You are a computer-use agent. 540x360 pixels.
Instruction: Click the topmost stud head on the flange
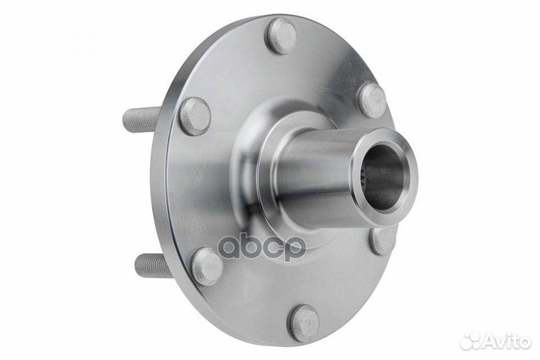pyautogui.click(x=283, y=36)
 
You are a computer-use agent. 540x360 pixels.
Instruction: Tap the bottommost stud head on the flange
pyautogui.click(x=303, y=324)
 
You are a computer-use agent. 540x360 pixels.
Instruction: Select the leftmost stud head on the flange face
pyautogui.click(x=195, y=116)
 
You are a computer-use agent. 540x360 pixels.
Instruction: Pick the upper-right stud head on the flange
pyautogui.click(x=371, y=101)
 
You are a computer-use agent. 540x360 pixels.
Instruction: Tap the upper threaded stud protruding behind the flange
pyautogui.click(x=142, y=119)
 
